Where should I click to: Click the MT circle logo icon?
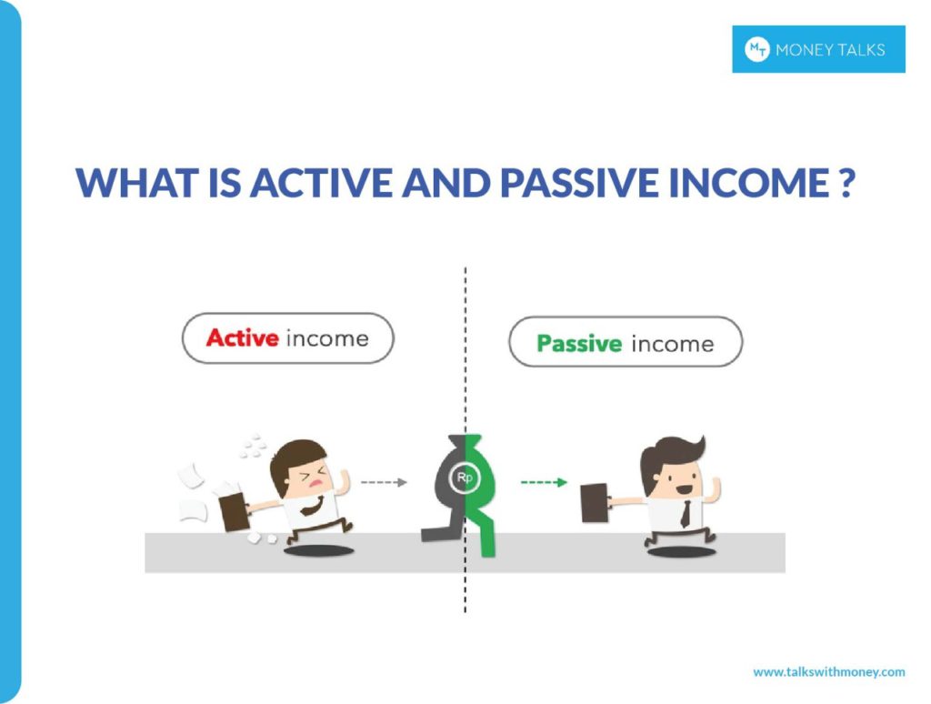pos(756,49)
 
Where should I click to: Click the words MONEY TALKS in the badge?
pos(830,50)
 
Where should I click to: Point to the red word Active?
pos(242,338)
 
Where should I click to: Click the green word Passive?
pos(579,344)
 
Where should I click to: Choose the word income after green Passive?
pos(673,344)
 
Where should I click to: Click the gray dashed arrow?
pos(384,483)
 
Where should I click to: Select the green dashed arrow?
pos(544,482)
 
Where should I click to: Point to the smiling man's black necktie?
pos(684,513)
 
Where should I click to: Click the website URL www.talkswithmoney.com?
pos(828,672)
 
